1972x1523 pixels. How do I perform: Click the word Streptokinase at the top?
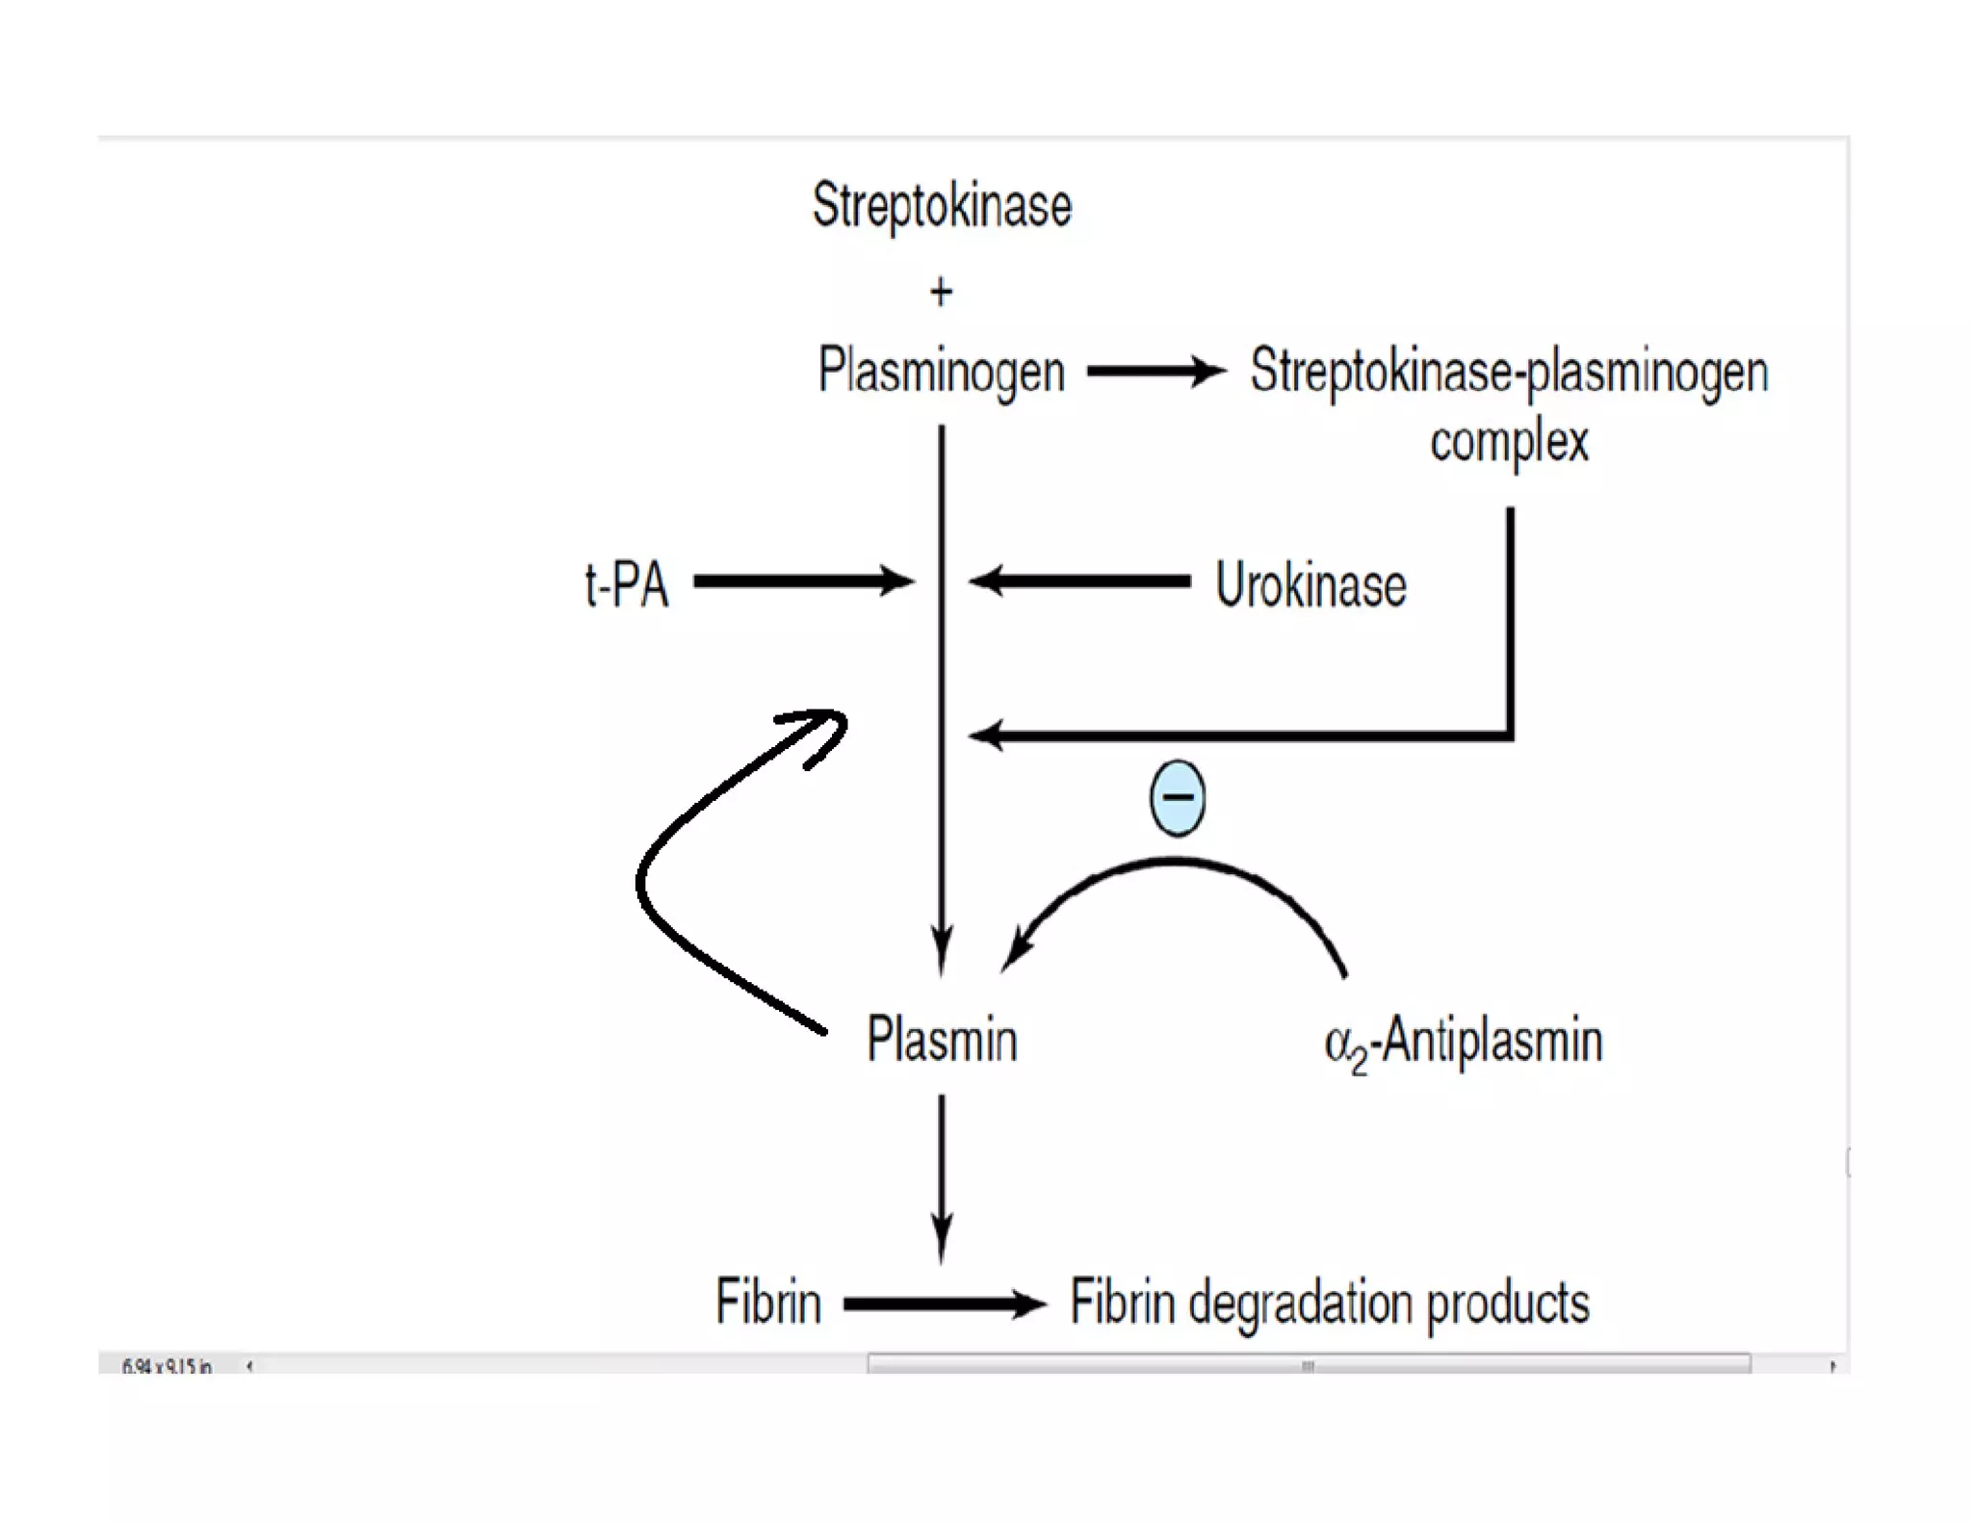tap(941, 206)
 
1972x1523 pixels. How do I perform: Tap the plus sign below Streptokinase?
tap(941, 291)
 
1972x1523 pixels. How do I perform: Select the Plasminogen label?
tap(941, 372)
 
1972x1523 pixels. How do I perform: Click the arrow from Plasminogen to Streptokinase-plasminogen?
tap(1155, 371)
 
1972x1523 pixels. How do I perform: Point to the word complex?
tap(1508, 442)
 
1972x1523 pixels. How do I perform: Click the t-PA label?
tap(626, 583)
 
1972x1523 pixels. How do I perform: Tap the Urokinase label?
tap(1310, 584)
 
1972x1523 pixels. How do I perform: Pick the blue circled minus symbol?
tap(1177, 797)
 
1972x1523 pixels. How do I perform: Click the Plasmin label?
tap(941, 1040)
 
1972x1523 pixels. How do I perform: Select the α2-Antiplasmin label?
tap(1463, 1043)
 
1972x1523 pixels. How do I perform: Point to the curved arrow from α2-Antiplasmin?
tap(1175, 866)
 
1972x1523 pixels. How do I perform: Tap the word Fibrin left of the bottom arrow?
tap(767, 1303)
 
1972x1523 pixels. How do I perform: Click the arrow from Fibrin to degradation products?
tap(944, 1304)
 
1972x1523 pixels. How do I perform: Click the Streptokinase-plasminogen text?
tap(1508, 372)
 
